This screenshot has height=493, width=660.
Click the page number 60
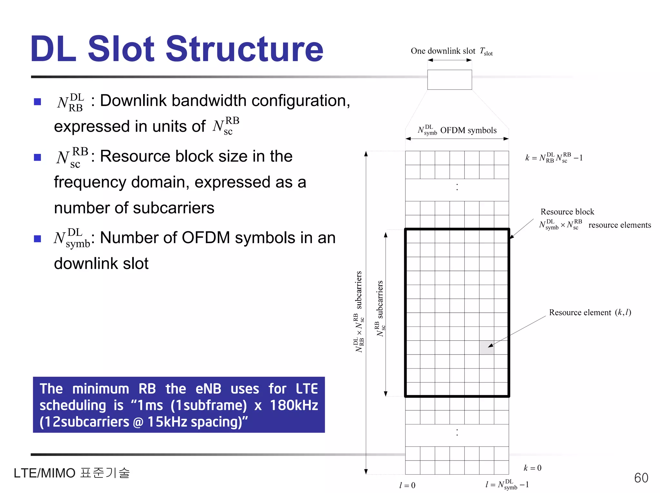tap(641, 478)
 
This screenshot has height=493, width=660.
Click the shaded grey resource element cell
tap(486, 347)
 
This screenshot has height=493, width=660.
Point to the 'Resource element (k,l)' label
tap(590, 312)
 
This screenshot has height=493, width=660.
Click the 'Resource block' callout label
tap(567, 212)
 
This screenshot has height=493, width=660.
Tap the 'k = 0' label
tap(532, 468)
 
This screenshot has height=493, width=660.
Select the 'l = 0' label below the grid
tap(407, 485)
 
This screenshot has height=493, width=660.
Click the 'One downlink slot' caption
tap(443, 51)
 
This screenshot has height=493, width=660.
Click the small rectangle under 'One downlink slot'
tap(450, 80)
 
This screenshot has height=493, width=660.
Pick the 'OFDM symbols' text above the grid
tap(468, 130)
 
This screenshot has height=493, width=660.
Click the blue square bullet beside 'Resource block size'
tap(38, 157)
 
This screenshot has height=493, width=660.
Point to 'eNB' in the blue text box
tap(208, 389)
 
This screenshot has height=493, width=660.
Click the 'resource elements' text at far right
tap(619, 225)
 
